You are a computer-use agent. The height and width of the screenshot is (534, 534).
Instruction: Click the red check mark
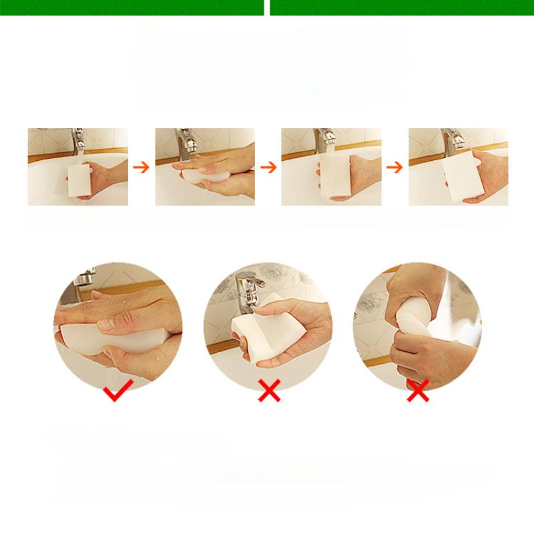pyautogui.click(x=117, y=393)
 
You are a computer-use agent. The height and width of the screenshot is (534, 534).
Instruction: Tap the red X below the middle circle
pyautogui.click(x=269, y=392)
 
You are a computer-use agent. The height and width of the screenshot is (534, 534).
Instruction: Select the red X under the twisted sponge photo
pyautogui.click(x=418, y=392)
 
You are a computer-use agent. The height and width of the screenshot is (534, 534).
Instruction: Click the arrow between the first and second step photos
pyautogui.click(x=141, y=167)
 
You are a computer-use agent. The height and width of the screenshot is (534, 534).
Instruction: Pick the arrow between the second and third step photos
pyautogui.click(x=268, y=167)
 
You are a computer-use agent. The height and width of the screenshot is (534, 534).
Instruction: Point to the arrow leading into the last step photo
pyautogui.click(x=394, y=167)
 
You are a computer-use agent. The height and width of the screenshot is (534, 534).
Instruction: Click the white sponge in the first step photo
pyautogui.click(x=79, y=180)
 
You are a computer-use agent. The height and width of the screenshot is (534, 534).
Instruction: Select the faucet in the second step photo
pyautogui.click(x=188, y=144)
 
